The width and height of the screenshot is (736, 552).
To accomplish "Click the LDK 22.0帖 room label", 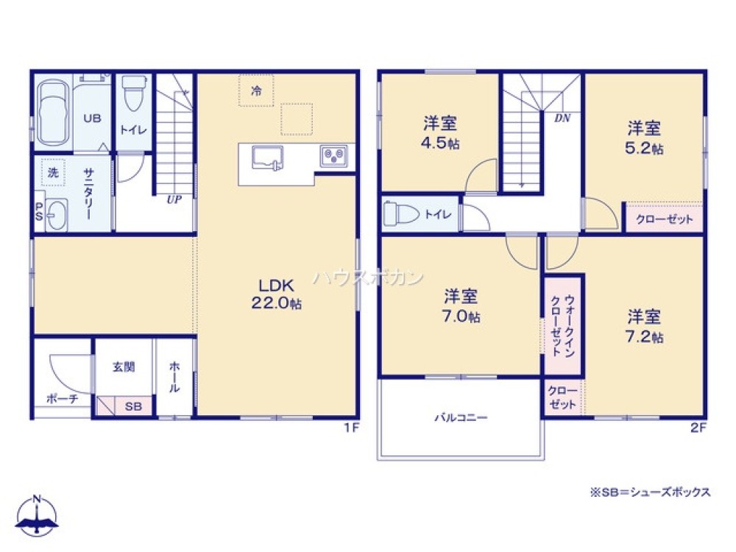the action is click(x=276, y=294).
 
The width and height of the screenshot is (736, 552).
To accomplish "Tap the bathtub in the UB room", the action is click(x=53, y=113).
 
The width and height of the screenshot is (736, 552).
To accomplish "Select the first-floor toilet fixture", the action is click(x=133, y=93).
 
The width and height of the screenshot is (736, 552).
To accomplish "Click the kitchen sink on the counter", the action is click(x=268, y=158).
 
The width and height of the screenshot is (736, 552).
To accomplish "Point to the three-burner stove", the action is click(x=333, y=156).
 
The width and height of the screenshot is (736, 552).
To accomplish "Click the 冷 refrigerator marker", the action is click(x=256, y=91).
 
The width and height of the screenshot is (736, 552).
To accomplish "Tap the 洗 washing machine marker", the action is click(x=54, y=172).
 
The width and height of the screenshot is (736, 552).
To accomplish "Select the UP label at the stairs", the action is click(x=174, y=199).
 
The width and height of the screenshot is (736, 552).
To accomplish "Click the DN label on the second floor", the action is click(x=562, y=118).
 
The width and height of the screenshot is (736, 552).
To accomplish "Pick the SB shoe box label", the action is click(x=133, y=406).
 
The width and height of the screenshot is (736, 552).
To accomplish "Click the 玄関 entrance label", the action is click(x=124, y=367).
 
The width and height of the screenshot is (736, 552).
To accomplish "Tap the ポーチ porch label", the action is click(x=62, y=399).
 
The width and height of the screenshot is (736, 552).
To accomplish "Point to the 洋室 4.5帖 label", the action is click(x=440, y=132).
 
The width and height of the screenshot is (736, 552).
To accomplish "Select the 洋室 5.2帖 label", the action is click(x=644, y=138).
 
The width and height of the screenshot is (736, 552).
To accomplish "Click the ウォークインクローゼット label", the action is click(x=563, y=325).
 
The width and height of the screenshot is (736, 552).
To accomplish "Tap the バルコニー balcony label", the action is click(x=461, y=417).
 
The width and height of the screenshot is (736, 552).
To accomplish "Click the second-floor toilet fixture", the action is click(x=401, y=214).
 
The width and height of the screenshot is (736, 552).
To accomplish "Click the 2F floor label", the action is click(x=698, y=428).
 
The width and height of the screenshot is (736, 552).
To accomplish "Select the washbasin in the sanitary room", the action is click(x=57, y=215).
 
